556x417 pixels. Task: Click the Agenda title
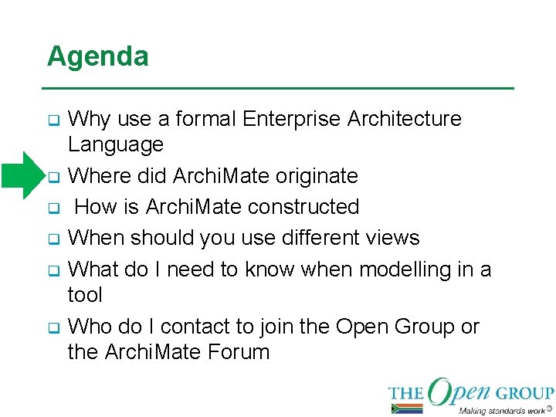[97, 56]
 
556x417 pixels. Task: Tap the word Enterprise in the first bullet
[292, 119]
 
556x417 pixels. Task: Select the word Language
[116, 144]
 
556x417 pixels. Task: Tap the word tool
[85, 295]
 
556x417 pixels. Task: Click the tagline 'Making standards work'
[500, 410]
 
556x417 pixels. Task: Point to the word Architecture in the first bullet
[405, 119]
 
